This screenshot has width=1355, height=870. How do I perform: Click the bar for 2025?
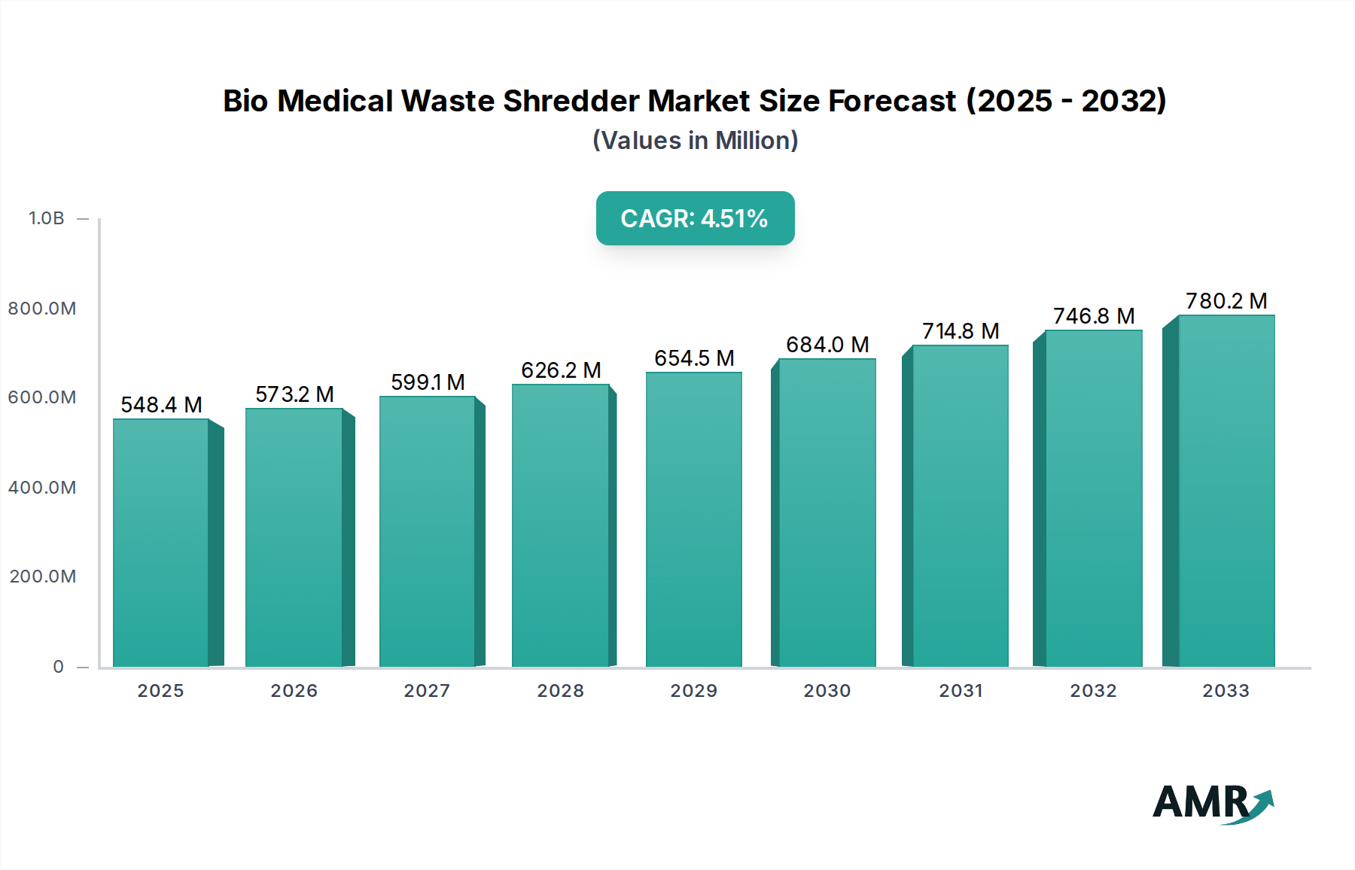click(161, 542)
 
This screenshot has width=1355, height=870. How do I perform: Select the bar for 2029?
click(694, 519)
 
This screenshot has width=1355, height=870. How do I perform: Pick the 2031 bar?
click(960, 506)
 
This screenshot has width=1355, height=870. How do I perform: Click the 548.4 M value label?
click(161, 405)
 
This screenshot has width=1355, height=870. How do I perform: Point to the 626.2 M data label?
click(561, 370)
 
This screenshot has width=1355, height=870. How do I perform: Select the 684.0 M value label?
click(827, 345)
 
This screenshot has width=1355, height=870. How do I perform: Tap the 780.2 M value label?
click(1226, 301)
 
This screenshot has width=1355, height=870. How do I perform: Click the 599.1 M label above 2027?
click(428, 382)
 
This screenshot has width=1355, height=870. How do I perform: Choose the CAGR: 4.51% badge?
click(695, 218)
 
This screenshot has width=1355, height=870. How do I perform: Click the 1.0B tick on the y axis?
click(47, 218)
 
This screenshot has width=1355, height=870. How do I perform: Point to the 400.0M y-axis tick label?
click(42, 488)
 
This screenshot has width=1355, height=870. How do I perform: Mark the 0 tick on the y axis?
click(59, 667)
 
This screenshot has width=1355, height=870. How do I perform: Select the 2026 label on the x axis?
click(294, 691)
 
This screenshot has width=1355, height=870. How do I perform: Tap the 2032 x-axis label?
click(1093, 691)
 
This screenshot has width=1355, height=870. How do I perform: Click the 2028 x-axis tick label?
click(560, 691)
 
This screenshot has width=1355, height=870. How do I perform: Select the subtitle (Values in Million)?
click(695, 141)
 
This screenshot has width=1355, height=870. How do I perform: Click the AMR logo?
click(1212, 803)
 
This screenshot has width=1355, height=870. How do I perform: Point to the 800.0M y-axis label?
click(42, 309)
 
